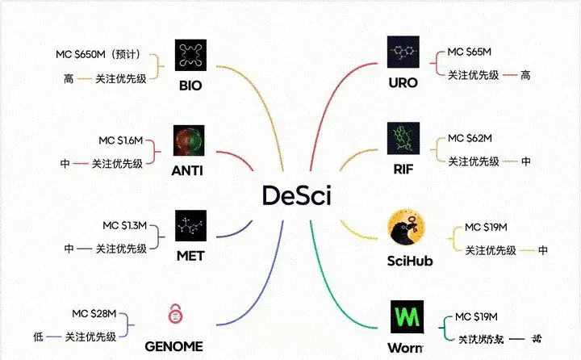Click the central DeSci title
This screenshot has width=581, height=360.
point(297,195)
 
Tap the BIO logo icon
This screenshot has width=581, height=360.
point(190,55)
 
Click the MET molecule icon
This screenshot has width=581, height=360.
point(190,226)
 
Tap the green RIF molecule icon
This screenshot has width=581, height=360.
point(403,139)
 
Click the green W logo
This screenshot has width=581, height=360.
point(403,314)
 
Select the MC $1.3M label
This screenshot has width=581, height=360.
point(124,224)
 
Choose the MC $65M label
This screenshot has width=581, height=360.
point(470,52)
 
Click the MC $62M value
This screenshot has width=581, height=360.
point(470,138)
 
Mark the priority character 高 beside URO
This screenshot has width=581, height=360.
point(525,75)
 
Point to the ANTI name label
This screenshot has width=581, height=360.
point(187,170)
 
